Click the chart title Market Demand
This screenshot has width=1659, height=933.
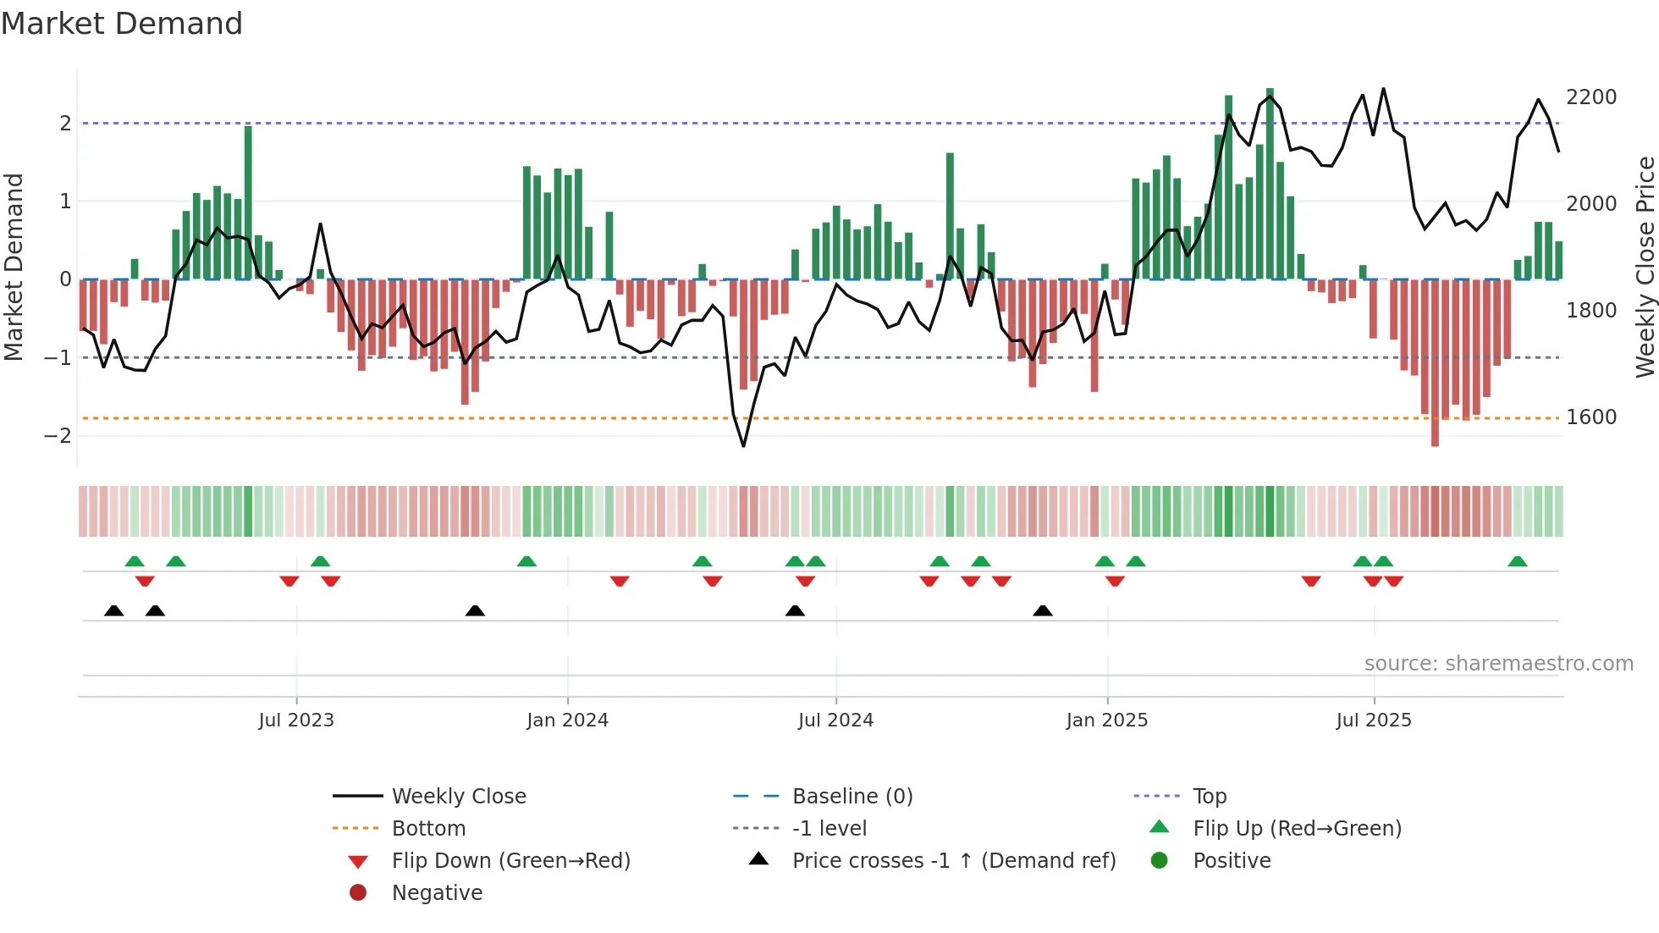(x=122, y=24)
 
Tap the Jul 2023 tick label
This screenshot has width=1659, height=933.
(x=296, y=720)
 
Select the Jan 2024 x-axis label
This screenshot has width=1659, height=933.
(x=567, y=720)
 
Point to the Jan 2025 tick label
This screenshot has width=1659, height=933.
(x=1106, y=720)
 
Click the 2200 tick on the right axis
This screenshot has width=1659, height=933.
(x=1591, y=97)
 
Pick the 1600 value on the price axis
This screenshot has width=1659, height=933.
(x=1591, y=417)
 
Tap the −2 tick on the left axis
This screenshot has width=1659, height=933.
(x=58, y=436)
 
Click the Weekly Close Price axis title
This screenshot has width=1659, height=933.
(x=1645, y=267)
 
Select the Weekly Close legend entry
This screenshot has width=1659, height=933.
(x=458, y=797)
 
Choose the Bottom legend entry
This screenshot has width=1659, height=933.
(x=428, y=829)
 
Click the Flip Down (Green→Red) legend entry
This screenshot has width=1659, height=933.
(x=510, y=861)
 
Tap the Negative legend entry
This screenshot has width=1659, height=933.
(x=437, y=893)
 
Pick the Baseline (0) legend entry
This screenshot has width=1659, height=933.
(x=852, y=797)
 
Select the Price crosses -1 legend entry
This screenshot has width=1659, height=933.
(x=953, y=861)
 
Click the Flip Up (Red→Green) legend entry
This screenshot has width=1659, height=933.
(x=1297, y=829)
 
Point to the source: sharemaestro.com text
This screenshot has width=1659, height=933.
(x=1498, y=664)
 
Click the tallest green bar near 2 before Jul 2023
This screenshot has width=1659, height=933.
(x=248, y=203)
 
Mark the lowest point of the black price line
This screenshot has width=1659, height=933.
(x=743, y=446)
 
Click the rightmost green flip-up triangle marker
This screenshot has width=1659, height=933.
(x=1518, y=561)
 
